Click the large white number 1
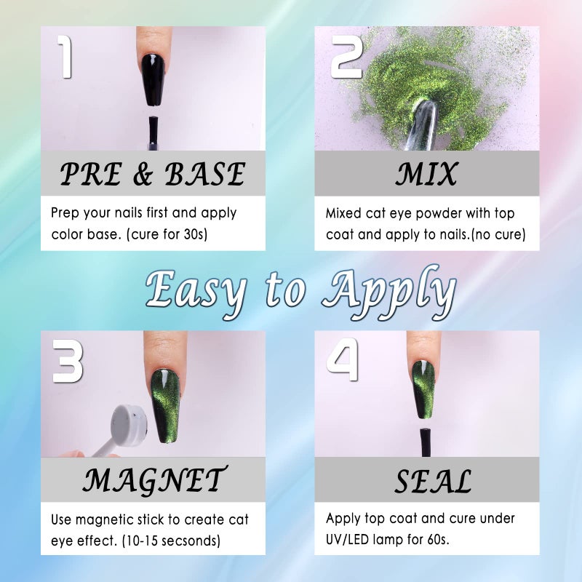tap(65, 57)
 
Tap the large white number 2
tap(347, 58)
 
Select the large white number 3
tap(67, 361)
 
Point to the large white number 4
tap(343, 359)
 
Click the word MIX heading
tap(426, 174)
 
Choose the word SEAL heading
tap(432, 481)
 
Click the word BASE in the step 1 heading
tap(205, 174)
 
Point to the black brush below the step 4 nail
tap(426, 443)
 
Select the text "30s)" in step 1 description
tap(195, 234)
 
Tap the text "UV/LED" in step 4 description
tap(348, 539)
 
